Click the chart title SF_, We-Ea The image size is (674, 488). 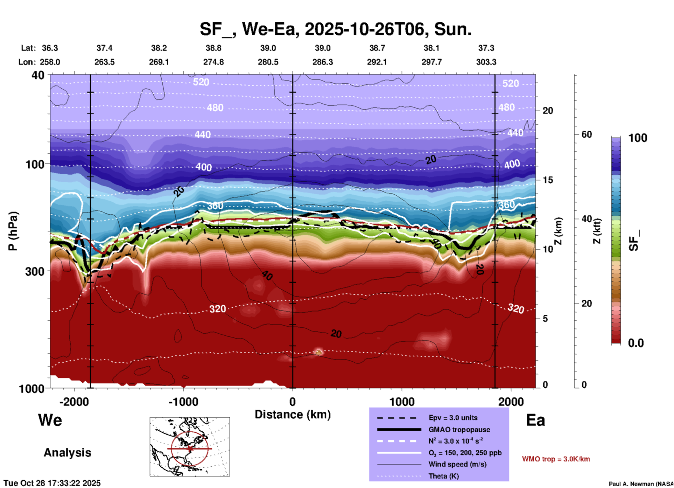[x=335, y=29]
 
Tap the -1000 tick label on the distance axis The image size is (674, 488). [x=183, y=402]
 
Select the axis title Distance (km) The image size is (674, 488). [x=293, y=414]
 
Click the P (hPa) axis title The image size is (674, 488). [x=13, y=231]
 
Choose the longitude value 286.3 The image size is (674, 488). [x=322, y=62]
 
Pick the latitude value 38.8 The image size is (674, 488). [x=213, y=48]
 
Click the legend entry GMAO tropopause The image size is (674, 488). [x=459, y=430]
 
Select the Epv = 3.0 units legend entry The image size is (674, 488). [x=453, y=418]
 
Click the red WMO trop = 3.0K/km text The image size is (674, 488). [x=556, y=459]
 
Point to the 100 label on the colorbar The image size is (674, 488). [x=638, y=138]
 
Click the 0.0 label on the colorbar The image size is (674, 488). [x=636, y=343]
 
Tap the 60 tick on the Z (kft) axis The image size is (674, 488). [x=587, y=134]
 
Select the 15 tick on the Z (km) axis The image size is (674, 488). [x=548, y=180]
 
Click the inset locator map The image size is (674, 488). [x=190, y=447]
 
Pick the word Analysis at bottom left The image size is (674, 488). [x=67, y=453]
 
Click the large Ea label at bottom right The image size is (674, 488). [x=535, y=420]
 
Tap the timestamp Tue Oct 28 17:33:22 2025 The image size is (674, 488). [x=52, y=483]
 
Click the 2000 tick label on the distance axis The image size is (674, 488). [x=511, y=402]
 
